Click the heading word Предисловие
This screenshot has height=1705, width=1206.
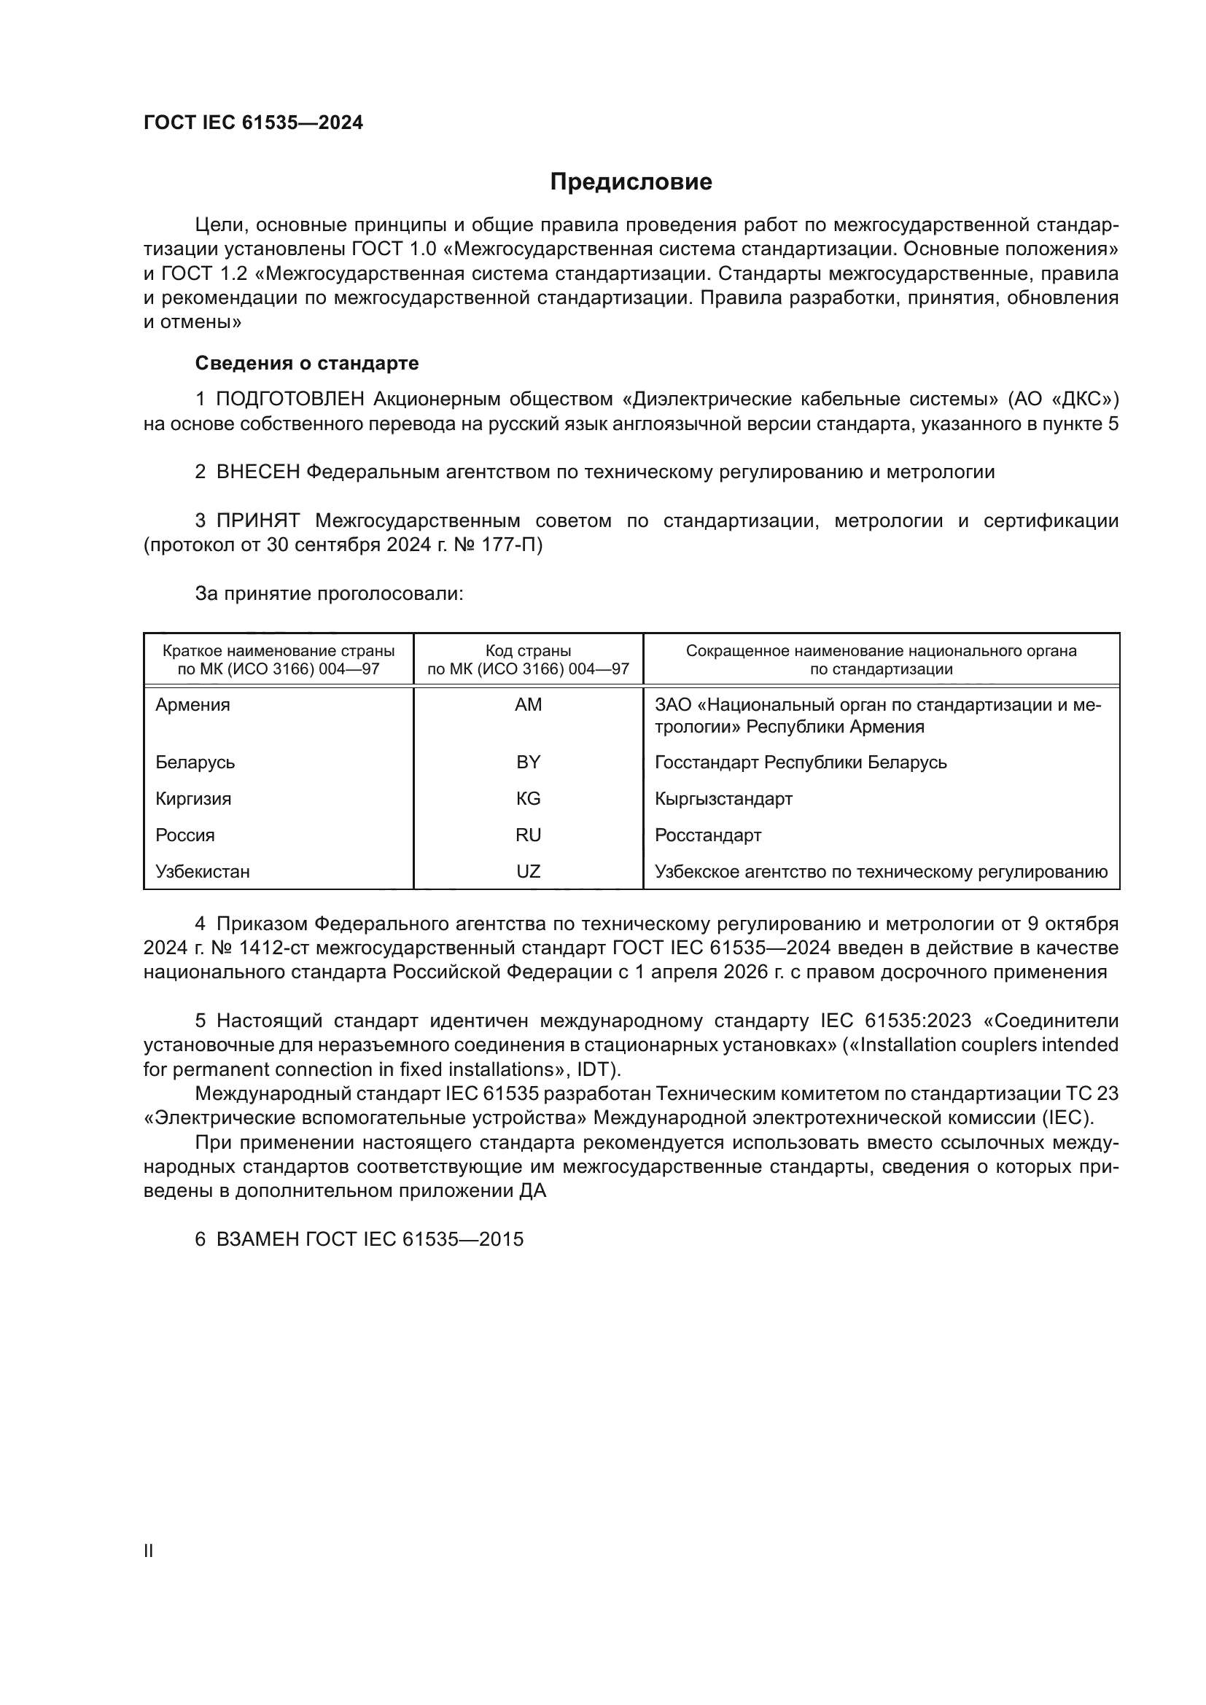click(x=631, y=182)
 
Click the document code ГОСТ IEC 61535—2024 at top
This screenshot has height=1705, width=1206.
click(x=253, y=123)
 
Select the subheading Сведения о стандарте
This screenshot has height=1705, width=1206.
click(x=307, y=363)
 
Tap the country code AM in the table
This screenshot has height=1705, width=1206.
click(x=528, y=705)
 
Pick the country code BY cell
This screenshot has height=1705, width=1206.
click(x=528, y=762)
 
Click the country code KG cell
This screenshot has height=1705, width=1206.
click(x=528, y=799)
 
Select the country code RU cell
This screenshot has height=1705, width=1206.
click(x=528, y=835)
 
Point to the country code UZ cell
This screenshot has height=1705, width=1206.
click(x=528, y=872)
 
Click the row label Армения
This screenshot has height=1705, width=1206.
click(x=192, y=705)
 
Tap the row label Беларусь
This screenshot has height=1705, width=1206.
click(x=195, y=762)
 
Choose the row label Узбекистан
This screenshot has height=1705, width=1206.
click(x=202, y=872)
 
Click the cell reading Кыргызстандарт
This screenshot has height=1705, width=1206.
click(x=723, y=799)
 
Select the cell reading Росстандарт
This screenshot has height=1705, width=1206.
click(x=708, y=835)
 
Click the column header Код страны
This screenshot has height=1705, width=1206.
click(x=528, y=651)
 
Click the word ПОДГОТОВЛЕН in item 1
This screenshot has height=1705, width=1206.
click(x=290, y=399)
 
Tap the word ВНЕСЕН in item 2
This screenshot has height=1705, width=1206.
click(x=258, y=472)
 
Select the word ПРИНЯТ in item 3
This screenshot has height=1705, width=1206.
click(x=258, y=520)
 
